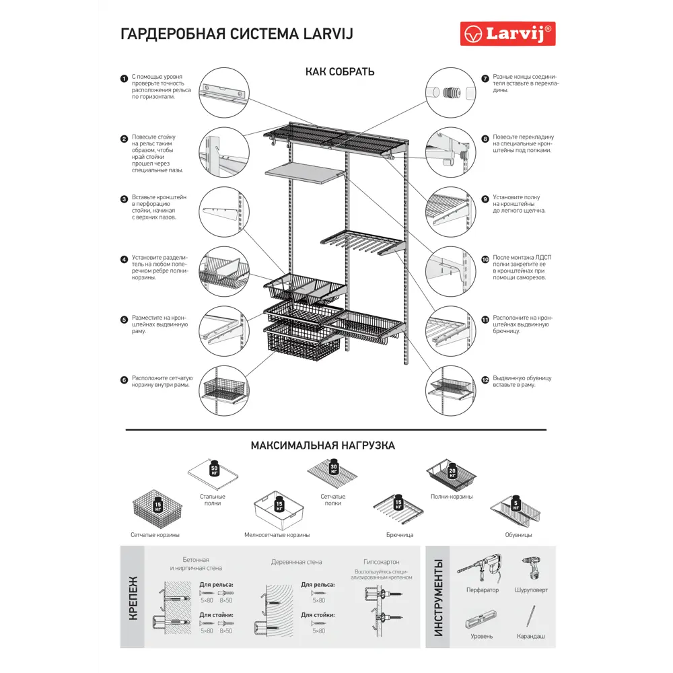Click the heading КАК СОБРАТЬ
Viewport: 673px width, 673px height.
click(340, 72)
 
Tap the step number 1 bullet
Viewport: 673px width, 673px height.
click(124, 79)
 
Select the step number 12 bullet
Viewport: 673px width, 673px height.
click(485, 379)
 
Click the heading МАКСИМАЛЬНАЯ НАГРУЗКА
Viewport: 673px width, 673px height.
click(322, 446)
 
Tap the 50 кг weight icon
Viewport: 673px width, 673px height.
click(215, 469)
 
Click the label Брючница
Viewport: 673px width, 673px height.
click(400, 535)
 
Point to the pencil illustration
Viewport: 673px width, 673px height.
click(531, 616)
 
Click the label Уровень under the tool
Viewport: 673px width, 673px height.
click(482, 636)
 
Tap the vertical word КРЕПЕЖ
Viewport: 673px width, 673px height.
click(133, 598)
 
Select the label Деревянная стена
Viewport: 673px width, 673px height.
click(296, 561)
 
